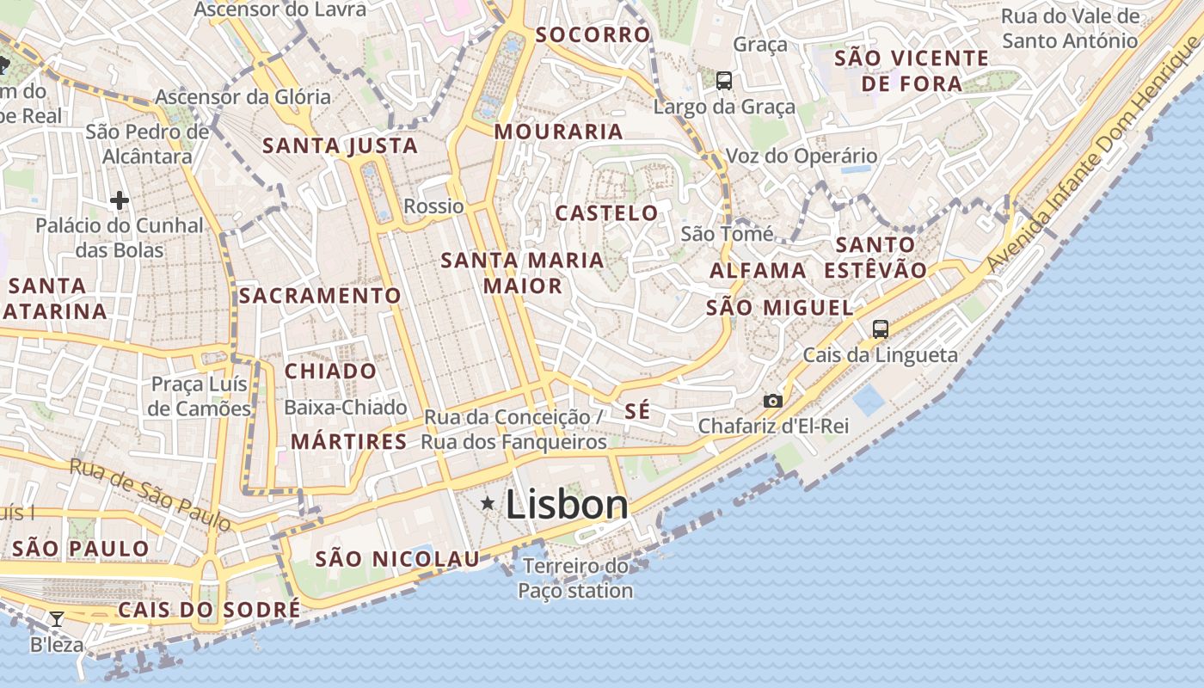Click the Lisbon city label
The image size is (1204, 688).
pos(567,504)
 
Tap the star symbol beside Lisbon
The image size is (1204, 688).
pos(488,503)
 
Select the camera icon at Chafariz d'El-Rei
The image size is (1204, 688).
pos(773,401)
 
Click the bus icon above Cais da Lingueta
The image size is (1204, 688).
pos(880,329)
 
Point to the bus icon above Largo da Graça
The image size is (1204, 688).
pos(724,81)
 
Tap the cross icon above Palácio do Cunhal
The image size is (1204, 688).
pos(120,201)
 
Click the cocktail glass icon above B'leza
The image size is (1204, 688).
pos(57,618)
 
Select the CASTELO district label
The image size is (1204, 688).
pos(606,213)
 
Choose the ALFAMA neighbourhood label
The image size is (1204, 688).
pos(758,271)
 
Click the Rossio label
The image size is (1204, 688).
pos(433,206)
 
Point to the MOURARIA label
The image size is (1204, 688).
pos(558,132)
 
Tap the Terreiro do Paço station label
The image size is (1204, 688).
pos(576,579)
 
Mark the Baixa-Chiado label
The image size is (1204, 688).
pos(346,407)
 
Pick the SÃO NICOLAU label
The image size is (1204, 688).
pos(397,559)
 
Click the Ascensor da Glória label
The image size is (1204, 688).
pos(243,96)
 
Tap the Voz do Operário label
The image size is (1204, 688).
pos(802,156)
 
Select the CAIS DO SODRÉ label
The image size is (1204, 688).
pos(209,610)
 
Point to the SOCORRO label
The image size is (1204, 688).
pos(593,35)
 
